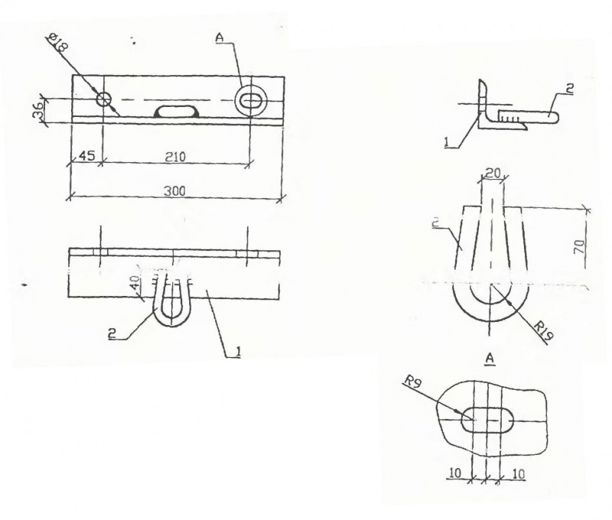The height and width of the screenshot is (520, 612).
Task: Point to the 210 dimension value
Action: [x=175, y=157]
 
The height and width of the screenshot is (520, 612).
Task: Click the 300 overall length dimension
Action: [x=174, y=191]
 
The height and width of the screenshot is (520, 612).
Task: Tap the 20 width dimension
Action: [x=492, y=173]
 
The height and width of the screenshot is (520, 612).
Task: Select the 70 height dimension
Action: [x=580, y=246]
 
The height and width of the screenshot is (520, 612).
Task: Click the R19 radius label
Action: [x=543, y=332]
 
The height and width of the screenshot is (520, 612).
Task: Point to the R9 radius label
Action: [x=413, y=382]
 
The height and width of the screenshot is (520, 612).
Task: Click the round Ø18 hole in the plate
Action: [x=104, y=99]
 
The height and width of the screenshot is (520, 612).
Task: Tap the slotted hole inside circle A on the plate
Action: [x=251, y=99]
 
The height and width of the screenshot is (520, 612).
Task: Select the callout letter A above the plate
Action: [x=219, y=37]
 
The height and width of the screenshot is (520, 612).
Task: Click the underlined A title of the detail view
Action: [x=490, y=359]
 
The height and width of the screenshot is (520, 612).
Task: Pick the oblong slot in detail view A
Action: [x=487, y=420]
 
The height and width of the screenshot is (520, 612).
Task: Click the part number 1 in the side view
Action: [x=447, y=142]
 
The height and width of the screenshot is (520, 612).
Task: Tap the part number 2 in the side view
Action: [x=569, y=89]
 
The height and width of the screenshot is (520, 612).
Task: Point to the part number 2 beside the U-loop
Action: [x=112, y=334]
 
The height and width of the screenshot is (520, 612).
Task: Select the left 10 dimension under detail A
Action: [x=454, y=473]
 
